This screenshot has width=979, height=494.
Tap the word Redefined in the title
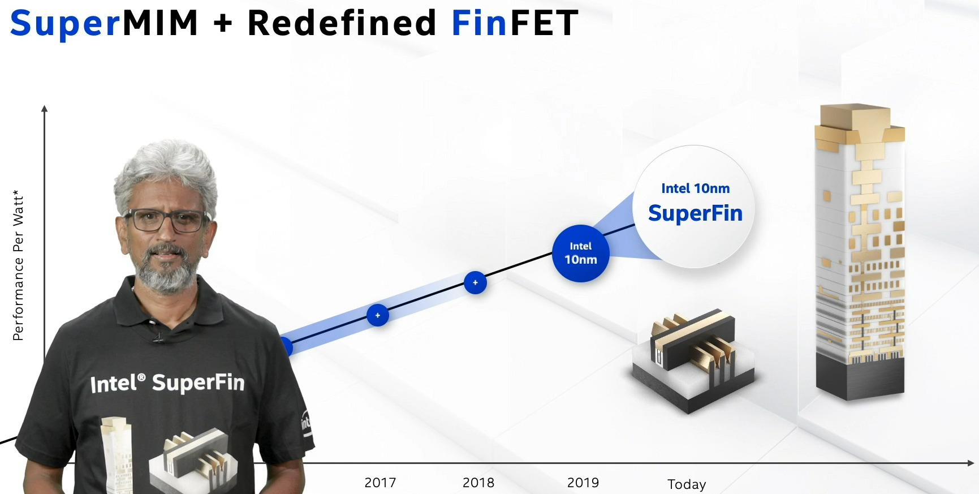tap(342, 23)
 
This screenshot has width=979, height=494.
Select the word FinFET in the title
tap(515, 23)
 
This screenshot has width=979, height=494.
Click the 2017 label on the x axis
tap(380, 483)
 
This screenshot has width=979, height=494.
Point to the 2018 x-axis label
tap(478, 483)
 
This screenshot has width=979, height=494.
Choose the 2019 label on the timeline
tap(583, 483)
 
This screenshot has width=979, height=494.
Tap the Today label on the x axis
tap(687, 484)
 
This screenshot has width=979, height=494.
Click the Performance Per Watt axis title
tap(18, 266)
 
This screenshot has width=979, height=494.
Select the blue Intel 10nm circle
tap(580, 254)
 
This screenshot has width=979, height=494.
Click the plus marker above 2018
tap(475, 282)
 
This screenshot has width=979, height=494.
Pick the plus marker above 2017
tap(378, 315)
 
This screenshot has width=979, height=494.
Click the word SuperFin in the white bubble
tap(695, 213)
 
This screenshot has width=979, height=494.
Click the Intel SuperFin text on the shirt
tap(167, 383)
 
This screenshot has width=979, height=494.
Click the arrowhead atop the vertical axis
tap(45, 108)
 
